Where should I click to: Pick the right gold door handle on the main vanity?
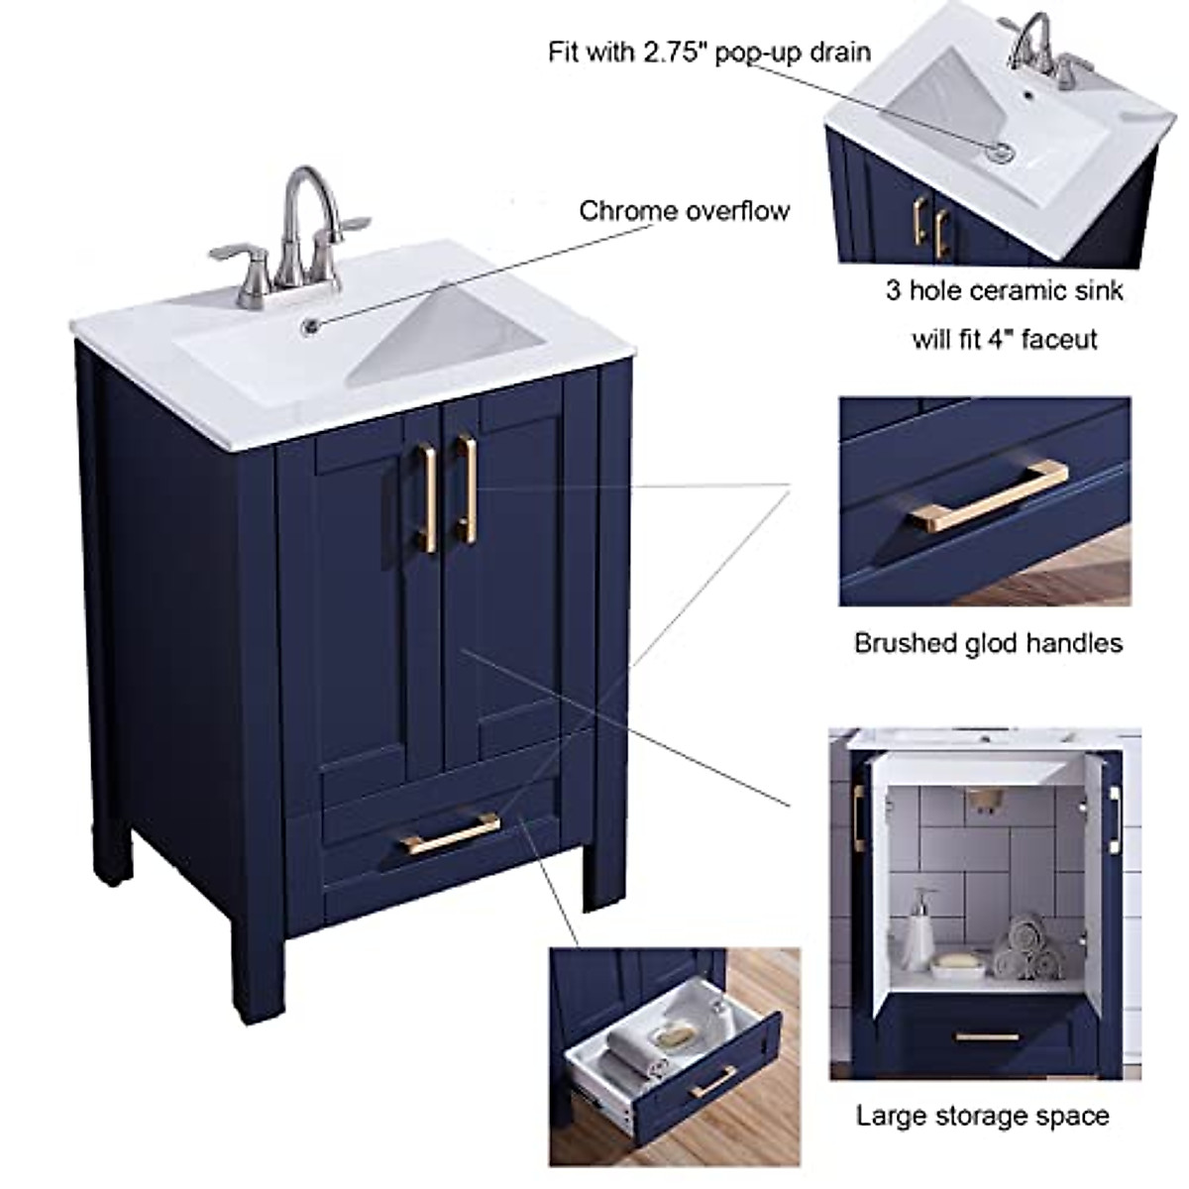[x=466, y=488]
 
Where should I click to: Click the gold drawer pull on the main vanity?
[x=451, y=832]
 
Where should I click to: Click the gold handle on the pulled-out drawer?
[x=712, y=1081]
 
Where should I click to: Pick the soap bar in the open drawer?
[x=676, y=1033]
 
